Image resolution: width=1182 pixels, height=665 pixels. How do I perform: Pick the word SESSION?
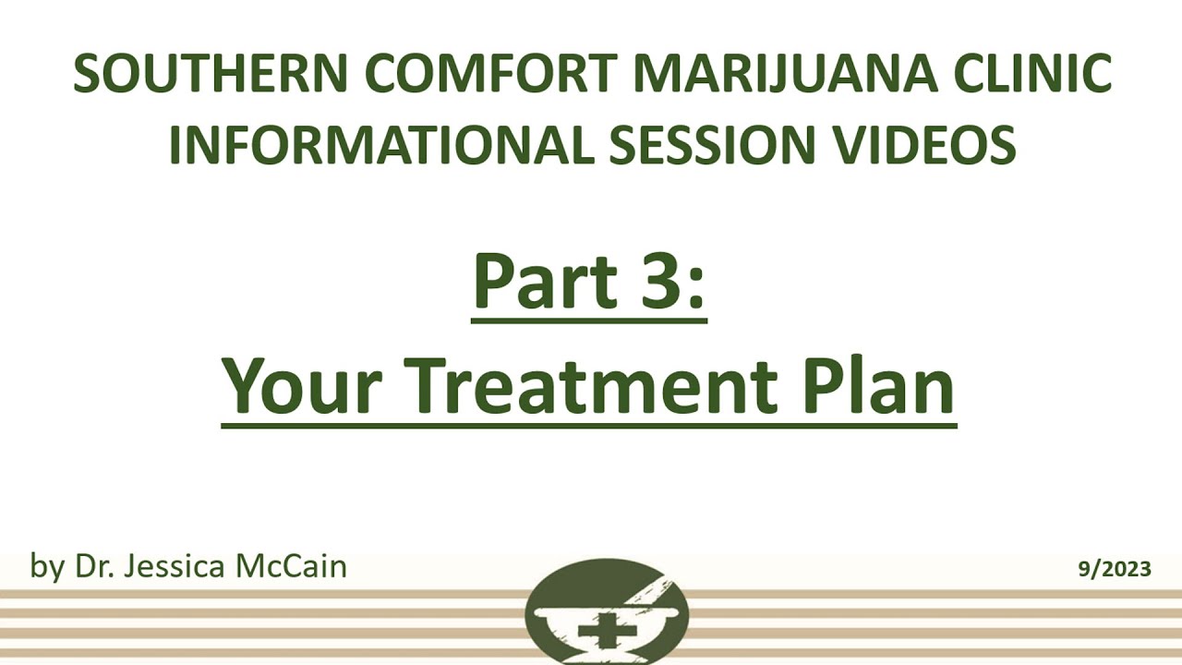coord(710,145)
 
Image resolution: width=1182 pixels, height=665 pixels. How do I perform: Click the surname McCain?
coord(290,565)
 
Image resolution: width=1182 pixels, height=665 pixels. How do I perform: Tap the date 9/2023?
coord(1115,569)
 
